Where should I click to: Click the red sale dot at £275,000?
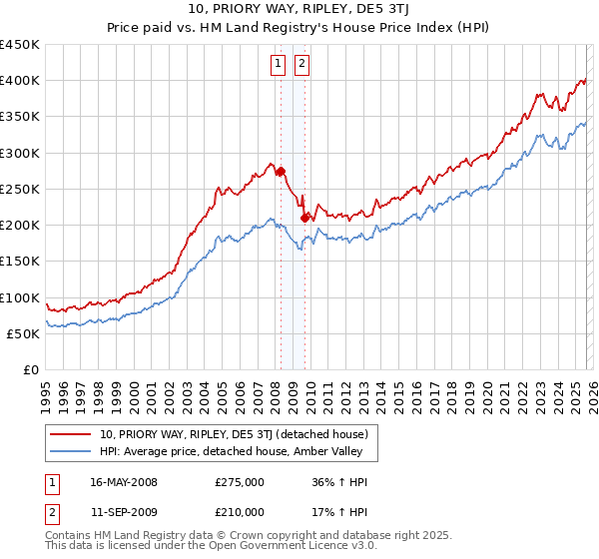tap(281, 171)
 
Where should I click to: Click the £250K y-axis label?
tap(20, 189)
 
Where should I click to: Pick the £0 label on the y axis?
tap(30, 369)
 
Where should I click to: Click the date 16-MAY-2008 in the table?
tap(124, 482)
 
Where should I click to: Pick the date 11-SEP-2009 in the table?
tap(124, 512)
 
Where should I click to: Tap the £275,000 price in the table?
tap(240, 482)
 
